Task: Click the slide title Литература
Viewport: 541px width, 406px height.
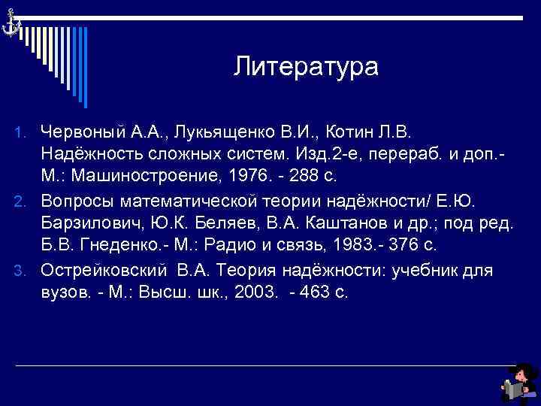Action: [306, 67]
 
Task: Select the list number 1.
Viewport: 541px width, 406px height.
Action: [23, 133]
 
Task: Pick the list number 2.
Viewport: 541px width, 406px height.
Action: [23, 201]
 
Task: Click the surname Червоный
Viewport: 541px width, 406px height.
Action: [84, 132]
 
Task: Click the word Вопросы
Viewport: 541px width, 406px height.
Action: [81, 201]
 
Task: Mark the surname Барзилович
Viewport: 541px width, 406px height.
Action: [88, 223]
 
